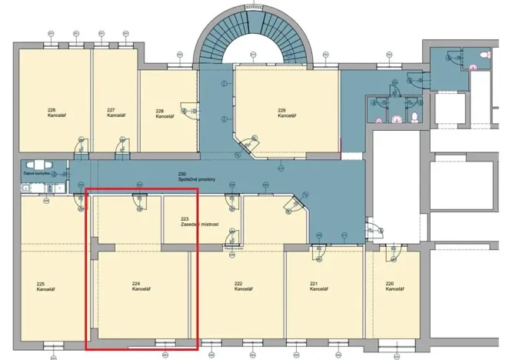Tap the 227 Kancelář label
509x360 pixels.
click(116, 112)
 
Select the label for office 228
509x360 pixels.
click(165, 113)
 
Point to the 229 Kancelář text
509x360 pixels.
click(286, 113)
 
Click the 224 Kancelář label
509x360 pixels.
click(141, 287)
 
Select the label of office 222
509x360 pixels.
click(243, 286)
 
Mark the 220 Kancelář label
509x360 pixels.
click(394, 286)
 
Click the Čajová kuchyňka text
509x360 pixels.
click(35, 175)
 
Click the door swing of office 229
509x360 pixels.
click(249, 143)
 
